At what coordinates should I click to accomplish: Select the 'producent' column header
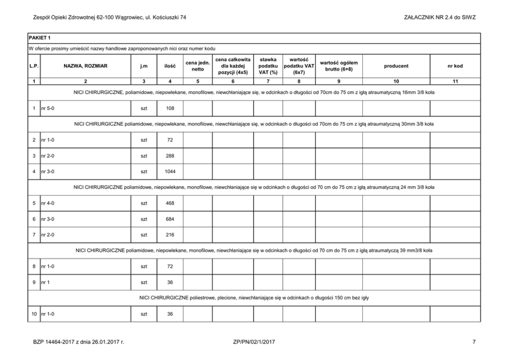pyautogui.click(x=396, y=66)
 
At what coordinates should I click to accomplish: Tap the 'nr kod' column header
pyautogui.click(x=455, y=66)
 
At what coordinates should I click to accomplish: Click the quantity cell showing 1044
pyautogui.click(x=170, y=171)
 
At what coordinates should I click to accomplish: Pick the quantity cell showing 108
pyautogui.click(x=170, y=108)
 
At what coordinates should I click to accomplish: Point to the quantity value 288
pyautogui.click(x=170, y=155)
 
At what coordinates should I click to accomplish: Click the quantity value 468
pyautogui.click(x=170, y=203)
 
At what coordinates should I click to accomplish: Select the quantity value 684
pyautogui.click(x=170, y=219)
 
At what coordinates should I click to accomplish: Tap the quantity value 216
pyautogui.click(x=170, y=235)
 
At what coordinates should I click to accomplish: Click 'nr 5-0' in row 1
pyautogui.click(x=48, y=108)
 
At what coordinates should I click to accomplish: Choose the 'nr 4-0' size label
pyautogui.click(x=48, y=203)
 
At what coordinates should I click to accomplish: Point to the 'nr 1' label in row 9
pyautogui.click(x=45, y=282)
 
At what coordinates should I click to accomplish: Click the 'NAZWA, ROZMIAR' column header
pyautogui.click(x=85, y=66)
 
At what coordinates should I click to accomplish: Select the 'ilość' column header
pyautogui.click(x=170, y=66)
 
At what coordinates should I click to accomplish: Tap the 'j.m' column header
pyautogui.click(x=144, y=66)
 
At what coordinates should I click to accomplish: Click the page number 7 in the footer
pyautogui.click(x=475, y=341)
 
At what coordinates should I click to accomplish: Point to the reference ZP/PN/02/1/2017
pyautogui.click(x=254, y=341)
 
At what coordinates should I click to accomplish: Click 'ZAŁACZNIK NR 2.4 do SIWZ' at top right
pyautogui.click(x=440, y=17)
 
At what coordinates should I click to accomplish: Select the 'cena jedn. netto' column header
pyautogui.click(x=198, y=66)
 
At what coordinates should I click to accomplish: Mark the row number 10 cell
pyautogui.click(x=34, y=313)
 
